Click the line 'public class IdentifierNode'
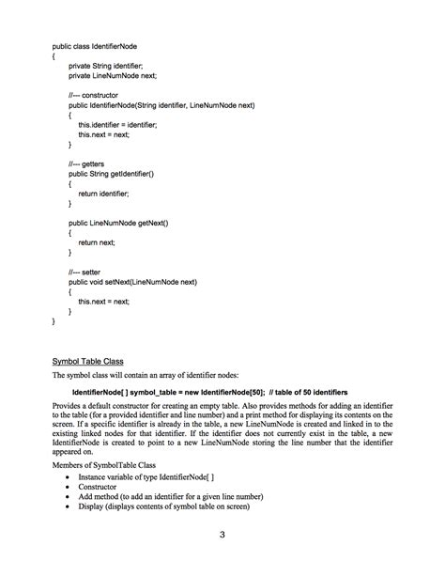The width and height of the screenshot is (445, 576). tap(94, 44)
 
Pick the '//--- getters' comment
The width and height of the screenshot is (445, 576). tap(87, 163)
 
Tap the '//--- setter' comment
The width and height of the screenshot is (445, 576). tap(85, 271)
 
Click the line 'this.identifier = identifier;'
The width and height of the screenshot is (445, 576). tap(117, 125)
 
